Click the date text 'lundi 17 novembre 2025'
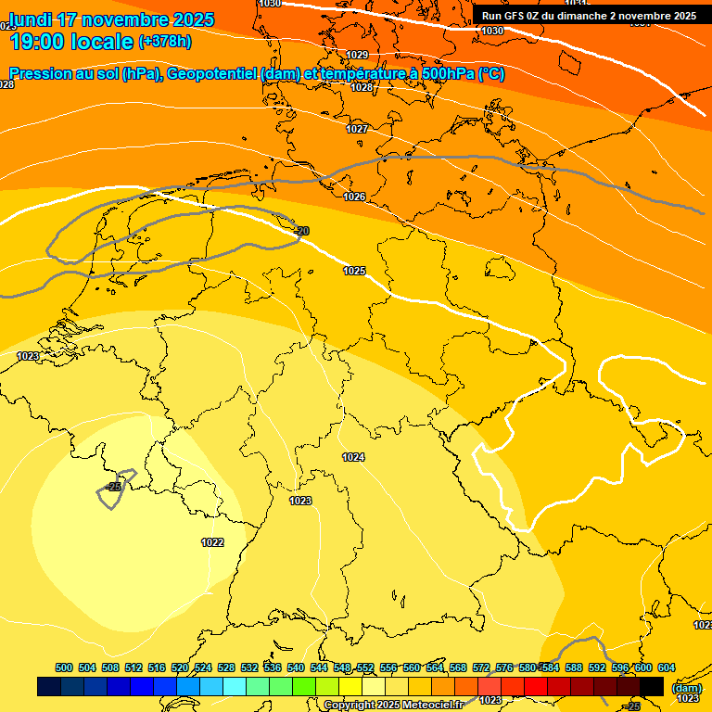tap(111, 19)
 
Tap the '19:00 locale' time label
tap(70, 42)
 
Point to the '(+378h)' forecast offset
tap(165, 42)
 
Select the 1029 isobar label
tap(358, 55)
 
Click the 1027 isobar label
tap(358, 129)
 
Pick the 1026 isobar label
tap(354, 197)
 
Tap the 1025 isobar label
tap(354, 271)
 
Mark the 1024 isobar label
tap(353, 457)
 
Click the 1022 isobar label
tap(212, 542)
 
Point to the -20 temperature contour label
tap(300, 231)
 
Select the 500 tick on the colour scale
tap(64, 667)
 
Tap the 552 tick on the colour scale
tap(365, 667)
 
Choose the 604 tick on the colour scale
tap(666, 667)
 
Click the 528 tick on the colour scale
tap(226, 667)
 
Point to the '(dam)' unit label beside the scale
tap(687, 687)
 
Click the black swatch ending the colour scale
tap(652, 686)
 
